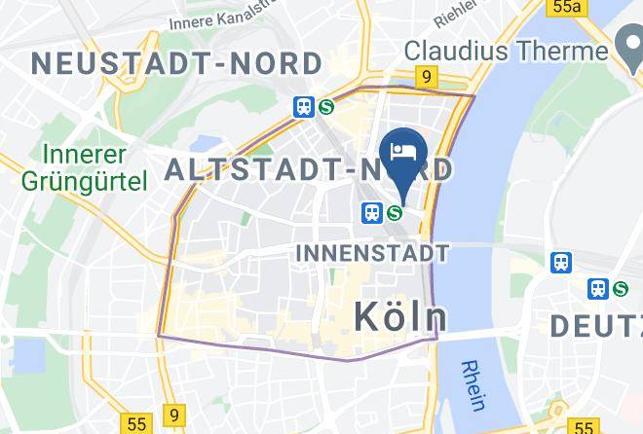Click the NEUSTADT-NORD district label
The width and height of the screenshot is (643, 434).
coord(176,64)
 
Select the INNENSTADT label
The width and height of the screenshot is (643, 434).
coord(371,253)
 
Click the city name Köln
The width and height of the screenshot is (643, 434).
coord(399,315)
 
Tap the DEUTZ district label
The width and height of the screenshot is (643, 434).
coord(595,325)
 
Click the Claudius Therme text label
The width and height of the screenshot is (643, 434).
coord(506,49)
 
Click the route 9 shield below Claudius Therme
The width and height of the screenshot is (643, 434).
coord(426,75)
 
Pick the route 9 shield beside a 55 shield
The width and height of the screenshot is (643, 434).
coord(173,415)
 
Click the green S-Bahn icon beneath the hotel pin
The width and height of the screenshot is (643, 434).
coord(395,212)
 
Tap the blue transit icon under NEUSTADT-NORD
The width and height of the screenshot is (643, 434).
coord(304,107)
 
